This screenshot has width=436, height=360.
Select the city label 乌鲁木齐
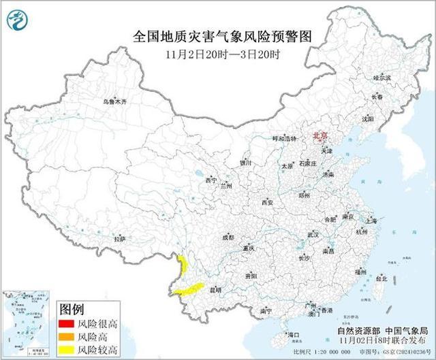coord(115,101)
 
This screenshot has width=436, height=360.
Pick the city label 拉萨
coord(120,239)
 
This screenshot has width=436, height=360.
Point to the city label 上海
coord(371,220)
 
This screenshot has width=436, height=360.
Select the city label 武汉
coord(313,234)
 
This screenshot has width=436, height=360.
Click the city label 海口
coord(294,335)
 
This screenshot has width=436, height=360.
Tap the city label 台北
coord(381,279)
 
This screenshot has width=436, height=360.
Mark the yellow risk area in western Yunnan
coord(183,269)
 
